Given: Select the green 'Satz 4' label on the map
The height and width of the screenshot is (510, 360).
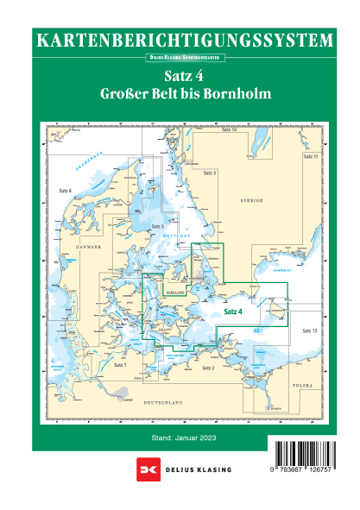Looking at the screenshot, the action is (234, 312).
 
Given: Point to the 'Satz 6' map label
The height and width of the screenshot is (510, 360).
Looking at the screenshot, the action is (65, 189).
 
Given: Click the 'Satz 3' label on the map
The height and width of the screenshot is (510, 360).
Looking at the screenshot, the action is (209, 173).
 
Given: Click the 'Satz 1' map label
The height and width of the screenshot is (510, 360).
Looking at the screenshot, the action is (120, 365).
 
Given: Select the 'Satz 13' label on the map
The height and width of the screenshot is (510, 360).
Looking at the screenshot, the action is (310, 331).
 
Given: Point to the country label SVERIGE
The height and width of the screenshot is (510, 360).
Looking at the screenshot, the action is (251, 198).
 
